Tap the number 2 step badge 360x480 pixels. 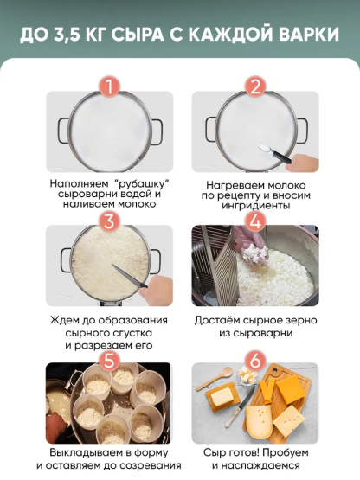[x=254, y=87]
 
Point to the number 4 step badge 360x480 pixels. [x=254, y=221]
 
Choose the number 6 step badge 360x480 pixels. [x=254, y=357]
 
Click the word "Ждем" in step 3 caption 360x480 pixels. [x=67, y=320]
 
